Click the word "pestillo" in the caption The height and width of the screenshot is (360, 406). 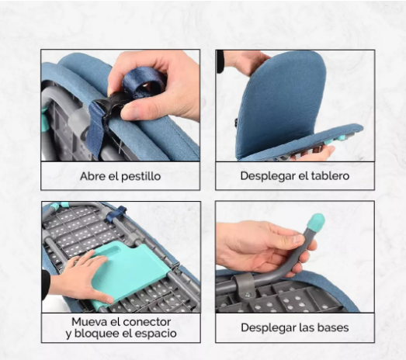(x=141, y=176)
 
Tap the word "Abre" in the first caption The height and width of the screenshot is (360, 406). (x=92, y=176)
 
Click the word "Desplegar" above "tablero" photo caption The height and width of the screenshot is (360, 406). (x=268, y=176)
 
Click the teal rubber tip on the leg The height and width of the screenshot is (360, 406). (x=314, y=223)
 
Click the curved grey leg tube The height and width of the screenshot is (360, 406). (x=291, y=256)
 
